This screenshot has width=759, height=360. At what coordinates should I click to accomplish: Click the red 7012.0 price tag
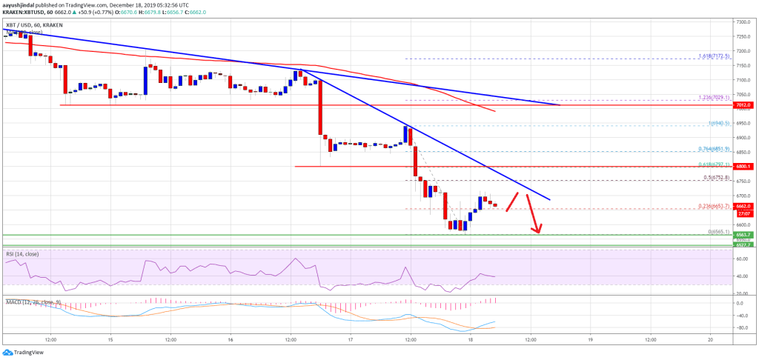pos(743,106)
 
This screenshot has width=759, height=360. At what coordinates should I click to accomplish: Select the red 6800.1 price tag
pos(743,167)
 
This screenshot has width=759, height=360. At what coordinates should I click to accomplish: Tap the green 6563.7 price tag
pos(743,236)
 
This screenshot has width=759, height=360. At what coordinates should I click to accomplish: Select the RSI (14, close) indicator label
pos(24,254)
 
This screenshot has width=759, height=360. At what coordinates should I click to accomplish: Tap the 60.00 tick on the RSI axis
pos(742,259)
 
